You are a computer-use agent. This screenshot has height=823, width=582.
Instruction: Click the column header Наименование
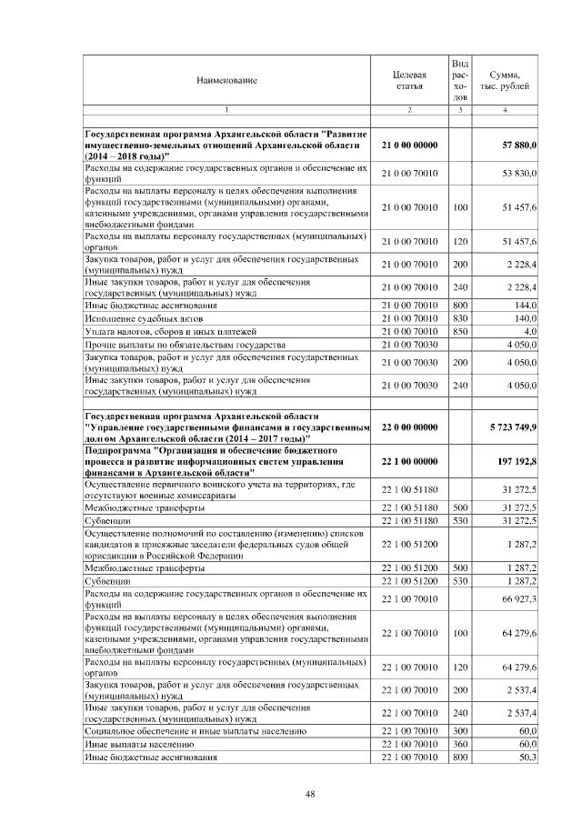tap(226, 81)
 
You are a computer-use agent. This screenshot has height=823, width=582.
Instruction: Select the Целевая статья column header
tap(409, 81)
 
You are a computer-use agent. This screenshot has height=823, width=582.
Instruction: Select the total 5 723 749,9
tap(513, 427)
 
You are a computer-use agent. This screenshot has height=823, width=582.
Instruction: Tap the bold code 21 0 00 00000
tap(409, 146)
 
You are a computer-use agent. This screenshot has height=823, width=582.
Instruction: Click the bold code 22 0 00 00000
tap(409, 427)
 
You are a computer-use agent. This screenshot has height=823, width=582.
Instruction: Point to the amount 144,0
tap(526, 306)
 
